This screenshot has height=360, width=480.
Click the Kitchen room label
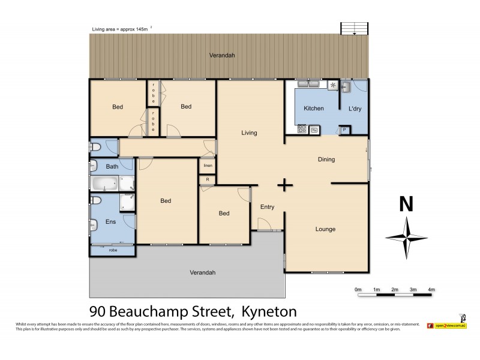click(x=314, y=109)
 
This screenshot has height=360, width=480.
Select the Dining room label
click(x=326, y=160)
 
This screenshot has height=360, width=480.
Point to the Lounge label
click(x=326, y=229)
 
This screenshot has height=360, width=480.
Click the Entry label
click(x=267, y=208)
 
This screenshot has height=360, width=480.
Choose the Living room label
click(x=250, y=133)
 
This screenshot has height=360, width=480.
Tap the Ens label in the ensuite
click(x=110, y=223)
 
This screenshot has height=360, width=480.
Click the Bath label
click(x=112, y=167)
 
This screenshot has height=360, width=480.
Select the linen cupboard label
click(x=208, y=166)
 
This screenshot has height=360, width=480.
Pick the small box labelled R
click(x=208, y=179)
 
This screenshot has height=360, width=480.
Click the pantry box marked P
click(x=344, y=129)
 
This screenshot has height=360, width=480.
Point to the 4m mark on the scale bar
click(x=431, y=289)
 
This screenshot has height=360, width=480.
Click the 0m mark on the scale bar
click(x=358, y=289)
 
